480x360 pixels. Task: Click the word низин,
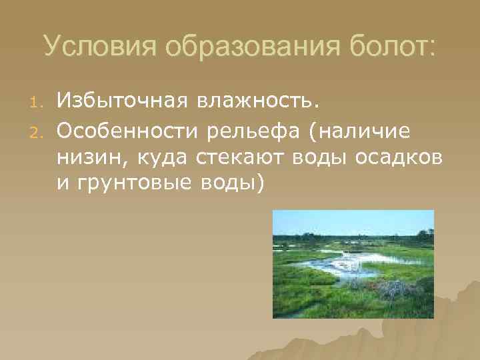pos(87,157)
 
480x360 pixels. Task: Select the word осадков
pos(410,157)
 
